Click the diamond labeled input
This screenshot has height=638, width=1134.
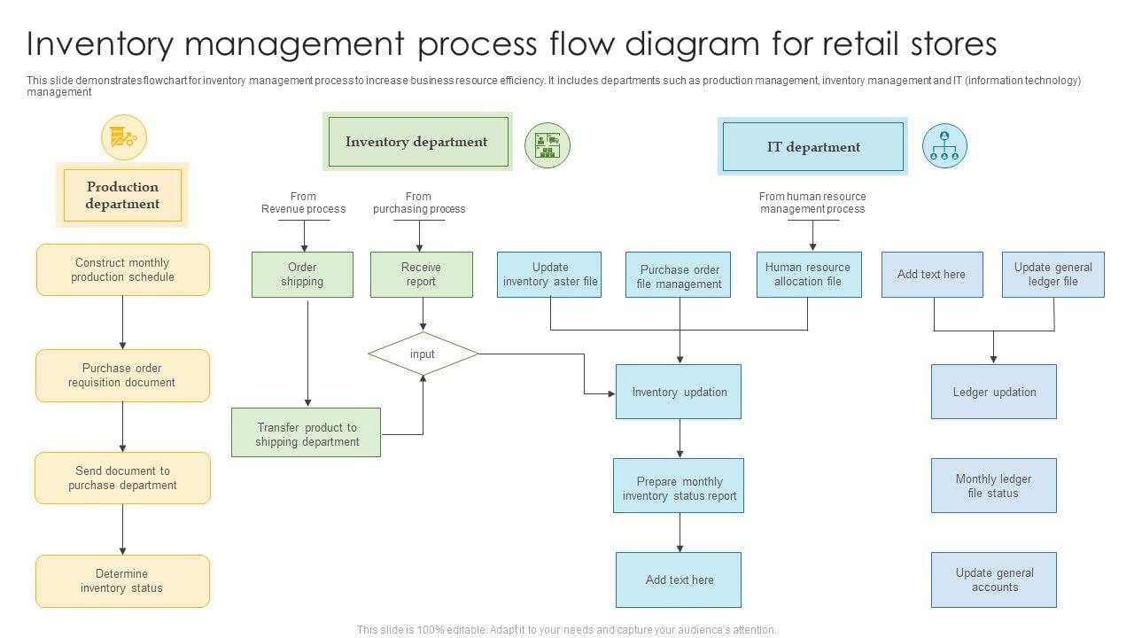tap(423, 354)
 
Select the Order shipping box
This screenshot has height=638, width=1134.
tap(302, 275)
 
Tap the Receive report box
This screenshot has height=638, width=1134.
tap(421, 275)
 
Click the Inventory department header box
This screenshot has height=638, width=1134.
tap(417, 142)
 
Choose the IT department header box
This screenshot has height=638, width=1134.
tap(813, 147)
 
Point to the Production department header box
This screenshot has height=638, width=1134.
tap(122, 196)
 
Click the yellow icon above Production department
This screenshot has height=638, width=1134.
tap(123, 137)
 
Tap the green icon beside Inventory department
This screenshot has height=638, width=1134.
tap(548, 145)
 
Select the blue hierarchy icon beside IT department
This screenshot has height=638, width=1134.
tap(944, 146)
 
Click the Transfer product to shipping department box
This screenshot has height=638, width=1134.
tap(307, 433)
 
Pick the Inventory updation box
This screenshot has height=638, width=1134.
tap(679, 393)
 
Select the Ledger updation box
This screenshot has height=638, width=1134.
tap(994, 393)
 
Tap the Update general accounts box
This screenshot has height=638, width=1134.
tap(994, 580)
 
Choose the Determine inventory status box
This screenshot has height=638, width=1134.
tap(122, 581)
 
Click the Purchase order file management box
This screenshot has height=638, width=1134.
tap(680, 277)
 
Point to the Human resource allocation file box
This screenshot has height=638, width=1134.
tap(808, 275)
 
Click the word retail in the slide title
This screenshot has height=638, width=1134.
tap(896, 43)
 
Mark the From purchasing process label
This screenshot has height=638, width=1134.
tap(419, 203)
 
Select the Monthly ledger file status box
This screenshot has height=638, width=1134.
tap(994, 486)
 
